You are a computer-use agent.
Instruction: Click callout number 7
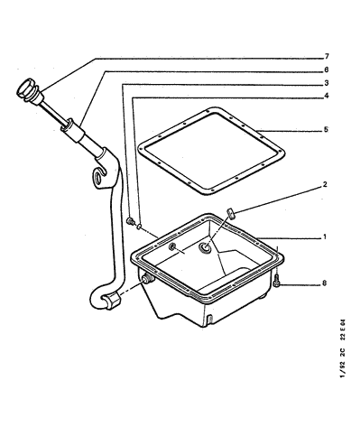point(327,56)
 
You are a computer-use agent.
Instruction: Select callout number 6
point(327,70)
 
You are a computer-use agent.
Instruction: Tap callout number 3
point(327,83)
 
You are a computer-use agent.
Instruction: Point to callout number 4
point(327,96)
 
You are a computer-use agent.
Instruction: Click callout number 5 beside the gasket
point(326,130)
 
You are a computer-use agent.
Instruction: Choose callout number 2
point(325,184)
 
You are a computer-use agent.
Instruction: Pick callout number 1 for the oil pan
point(325,237)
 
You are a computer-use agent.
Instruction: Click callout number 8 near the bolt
point(324,283)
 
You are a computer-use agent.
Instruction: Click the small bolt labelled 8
point(276,283)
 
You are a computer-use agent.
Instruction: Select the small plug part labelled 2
point(232,213)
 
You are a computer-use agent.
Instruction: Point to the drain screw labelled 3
point(130,221)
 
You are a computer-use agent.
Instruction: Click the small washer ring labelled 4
point(139,226)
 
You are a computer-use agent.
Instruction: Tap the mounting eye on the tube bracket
point(98,177)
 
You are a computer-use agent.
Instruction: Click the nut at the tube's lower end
point(112,300)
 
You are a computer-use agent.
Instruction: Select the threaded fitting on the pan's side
point(148,278)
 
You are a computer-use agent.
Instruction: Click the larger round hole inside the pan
point(205,247)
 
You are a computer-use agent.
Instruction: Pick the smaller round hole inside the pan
point(172,246)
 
